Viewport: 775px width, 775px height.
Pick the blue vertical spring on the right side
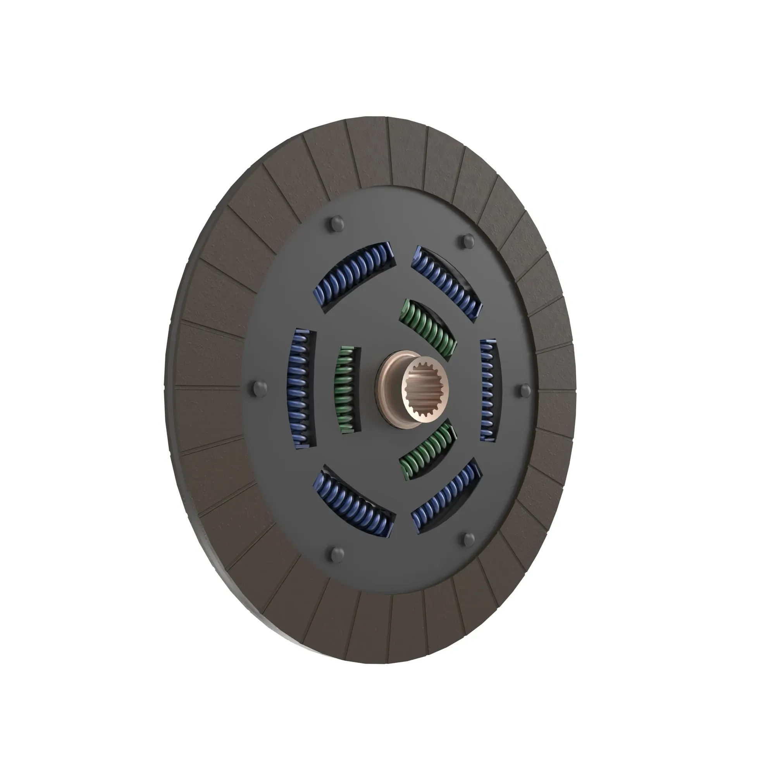[489, 390]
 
